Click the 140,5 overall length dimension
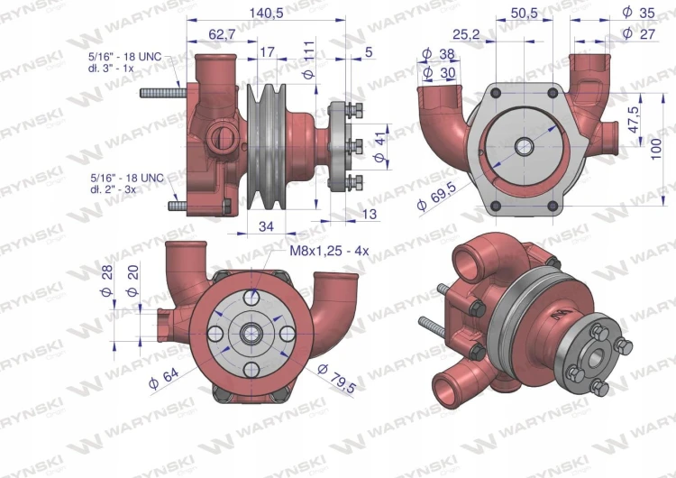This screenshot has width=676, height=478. coord(266,13)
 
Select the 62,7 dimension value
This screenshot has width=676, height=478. coord(222,34)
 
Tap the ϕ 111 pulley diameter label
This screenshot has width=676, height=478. coord(309,60)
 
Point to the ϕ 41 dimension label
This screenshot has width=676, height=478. coord(379,148)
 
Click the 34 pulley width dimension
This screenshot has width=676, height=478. coord(266,226)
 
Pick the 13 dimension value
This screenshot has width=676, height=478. coord(369,214)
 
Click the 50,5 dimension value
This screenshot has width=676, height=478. coord(525,13)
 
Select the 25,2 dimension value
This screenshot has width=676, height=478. coord(466,34)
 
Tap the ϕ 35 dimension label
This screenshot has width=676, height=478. coord(639,13)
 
